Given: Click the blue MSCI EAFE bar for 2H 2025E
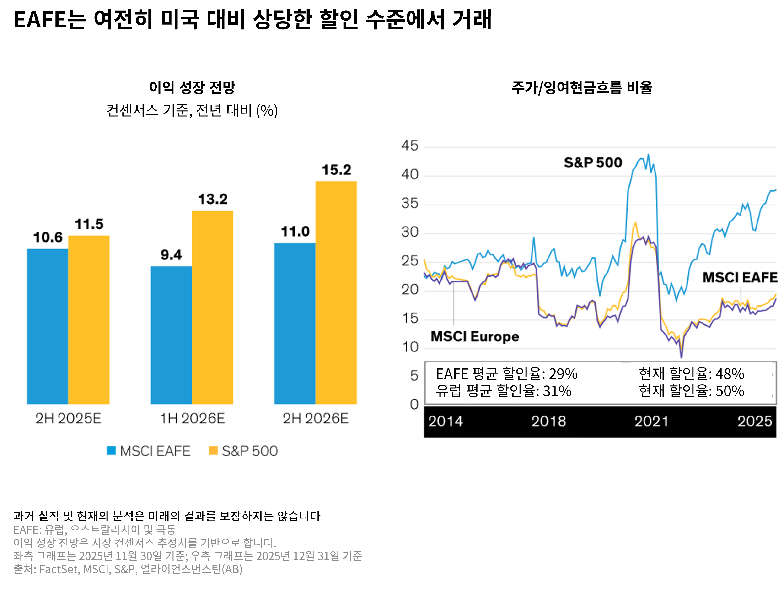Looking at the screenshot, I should pyautogui.click(x=48, y=326).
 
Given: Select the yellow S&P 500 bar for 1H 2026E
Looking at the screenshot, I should pyautogui.click(x=212, y=307).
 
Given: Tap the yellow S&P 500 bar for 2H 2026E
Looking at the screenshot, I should pyautogui.click(x=336, y=292).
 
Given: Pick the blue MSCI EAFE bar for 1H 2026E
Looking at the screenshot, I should pyautogui.click(x=171, y=335).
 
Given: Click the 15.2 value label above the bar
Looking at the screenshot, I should pyautogui.click(x=336, y=170).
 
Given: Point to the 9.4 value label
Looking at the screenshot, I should pyautogui.click(x=171, y=255).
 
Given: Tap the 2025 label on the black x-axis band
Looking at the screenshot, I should pyautogui.click(x=755, y=421).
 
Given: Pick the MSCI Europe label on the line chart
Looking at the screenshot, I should pyautogui.click(x=475, y=336).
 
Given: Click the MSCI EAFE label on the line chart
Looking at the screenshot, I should pyautogui.click(x=740, y=277).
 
